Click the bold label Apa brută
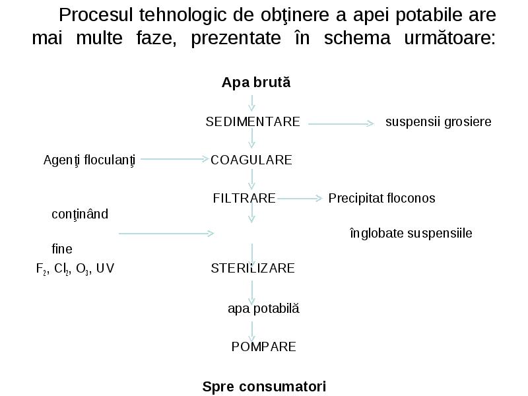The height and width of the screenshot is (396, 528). pos(256,82)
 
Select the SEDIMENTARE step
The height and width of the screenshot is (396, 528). pos(253,121)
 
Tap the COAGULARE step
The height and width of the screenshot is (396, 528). pos(251,160)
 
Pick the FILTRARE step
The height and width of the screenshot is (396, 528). pos(244,198)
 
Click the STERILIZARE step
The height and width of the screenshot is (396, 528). pos(253,269)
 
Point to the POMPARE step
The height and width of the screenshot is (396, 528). pos(263,347)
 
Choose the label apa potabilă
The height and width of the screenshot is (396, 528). pos(263,308)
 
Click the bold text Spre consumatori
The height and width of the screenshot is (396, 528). pos(264,386)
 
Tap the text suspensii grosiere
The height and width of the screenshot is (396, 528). pos(438,122)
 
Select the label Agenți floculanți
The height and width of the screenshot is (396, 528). pos(89,160)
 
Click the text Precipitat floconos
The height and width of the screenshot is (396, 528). pos(382,199)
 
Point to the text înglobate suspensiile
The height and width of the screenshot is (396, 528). pos(411,234)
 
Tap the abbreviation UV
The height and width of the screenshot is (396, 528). pos(105,269)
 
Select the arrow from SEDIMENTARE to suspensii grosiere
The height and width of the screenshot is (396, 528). pos(341,124)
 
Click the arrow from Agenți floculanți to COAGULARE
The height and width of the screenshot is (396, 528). pos(175,159)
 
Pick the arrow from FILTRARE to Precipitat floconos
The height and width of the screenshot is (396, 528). pos(300,199)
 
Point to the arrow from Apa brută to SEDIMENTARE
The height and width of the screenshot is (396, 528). pos(252,103)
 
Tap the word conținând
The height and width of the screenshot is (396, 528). pos(80,214)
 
